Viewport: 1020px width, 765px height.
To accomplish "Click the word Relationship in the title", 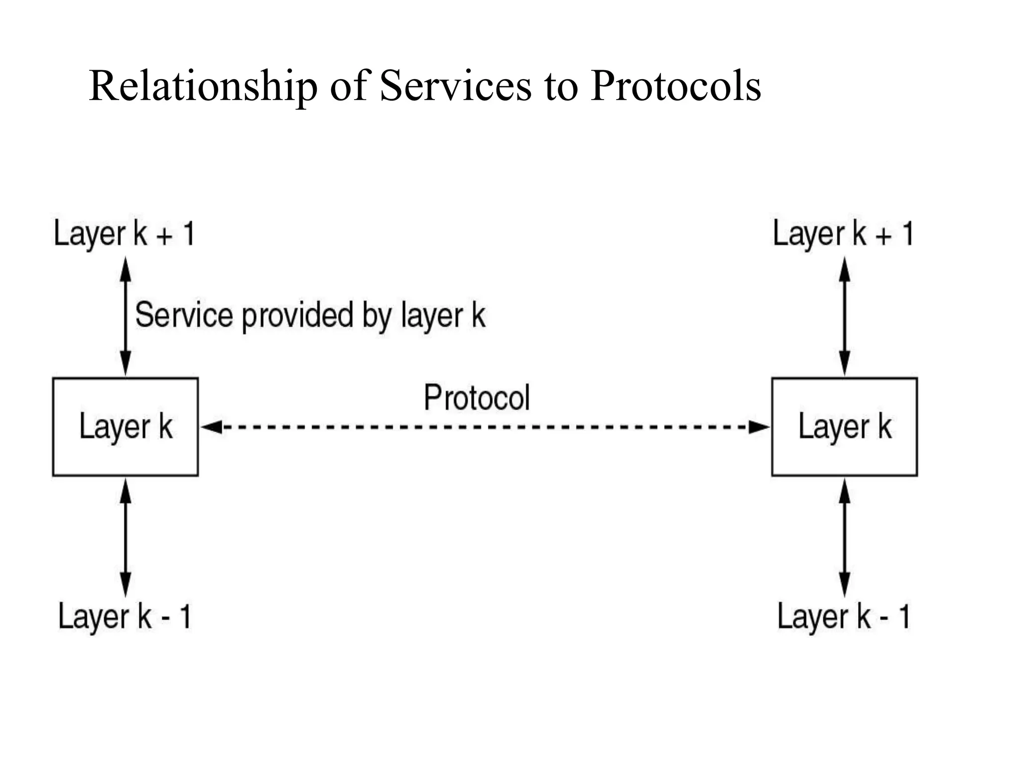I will [x=203, y=87].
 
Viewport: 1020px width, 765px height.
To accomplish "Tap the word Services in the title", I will [x=455, y=87].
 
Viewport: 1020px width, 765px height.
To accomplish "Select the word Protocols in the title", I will [x=675, y=87].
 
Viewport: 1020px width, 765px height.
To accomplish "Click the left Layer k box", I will [x=126, y=427].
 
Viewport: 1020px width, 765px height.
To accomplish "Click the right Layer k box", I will [x=844, y=427].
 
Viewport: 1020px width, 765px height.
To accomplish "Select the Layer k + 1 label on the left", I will [x=124, y=234].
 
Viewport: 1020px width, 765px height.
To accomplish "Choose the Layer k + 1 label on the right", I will [x=843, y=234].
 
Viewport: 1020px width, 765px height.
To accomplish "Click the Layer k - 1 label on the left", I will [x=125, y=616].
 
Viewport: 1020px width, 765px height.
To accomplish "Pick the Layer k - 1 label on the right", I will [x=844, y=616].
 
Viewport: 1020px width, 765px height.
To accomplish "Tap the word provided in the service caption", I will [x=297, y=316].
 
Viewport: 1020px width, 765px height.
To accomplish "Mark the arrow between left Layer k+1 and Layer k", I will [x=126, y=316].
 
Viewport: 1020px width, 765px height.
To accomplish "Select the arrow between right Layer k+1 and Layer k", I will [x=845, y=316].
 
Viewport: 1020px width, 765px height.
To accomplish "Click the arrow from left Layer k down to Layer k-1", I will [x=126, y=538].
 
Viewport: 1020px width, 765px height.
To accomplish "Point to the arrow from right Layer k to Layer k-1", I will [x=845, y=538].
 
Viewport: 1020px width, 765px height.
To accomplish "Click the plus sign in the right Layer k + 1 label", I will [x=883, y=236].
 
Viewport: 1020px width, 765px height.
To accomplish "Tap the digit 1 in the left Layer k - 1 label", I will [x=185, y=616].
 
